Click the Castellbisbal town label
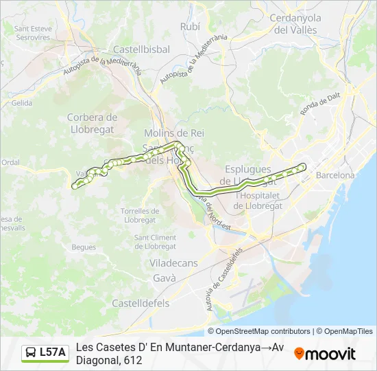[141, 50]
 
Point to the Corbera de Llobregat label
[93, 122]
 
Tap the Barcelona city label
[335, 175]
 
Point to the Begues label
[84, 246]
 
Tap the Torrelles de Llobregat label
[139, 215]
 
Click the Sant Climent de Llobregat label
[155, 242]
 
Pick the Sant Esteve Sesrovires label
[32, 33]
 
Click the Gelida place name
[22, 103]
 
